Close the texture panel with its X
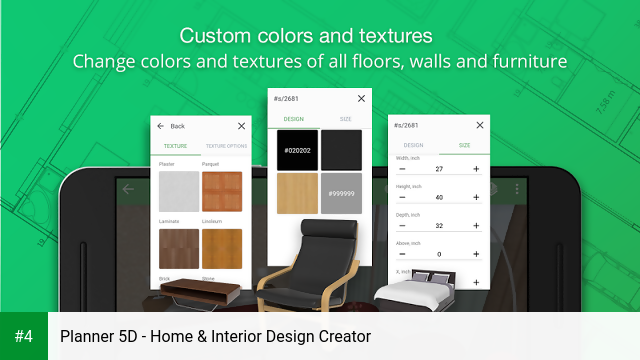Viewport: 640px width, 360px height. (x=241, y=127)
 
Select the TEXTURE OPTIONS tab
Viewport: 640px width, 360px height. (x=226, y=146)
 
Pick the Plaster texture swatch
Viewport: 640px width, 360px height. (x=178, y=190)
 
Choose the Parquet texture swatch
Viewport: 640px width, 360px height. (x=221, y=190)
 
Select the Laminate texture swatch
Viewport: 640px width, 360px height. (x=178, y=249)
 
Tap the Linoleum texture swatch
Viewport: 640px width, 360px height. (x=221, y=249)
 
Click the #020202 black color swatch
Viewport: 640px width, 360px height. (x=298, y=149)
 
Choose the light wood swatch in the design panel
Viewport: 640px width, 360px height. (x=298, y=193)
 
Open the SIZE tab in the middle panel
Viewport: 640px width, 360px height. (x=345, y=118)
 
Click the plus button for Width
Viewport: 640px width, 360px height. (x=476, y=169)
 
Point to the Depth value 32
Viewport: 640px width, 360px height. (x=440, y=225)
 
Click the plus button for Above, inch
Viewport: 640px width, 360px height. (x=476, y=254)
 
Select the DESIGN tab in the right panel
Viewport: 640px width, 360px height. (x=414, y=145)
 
